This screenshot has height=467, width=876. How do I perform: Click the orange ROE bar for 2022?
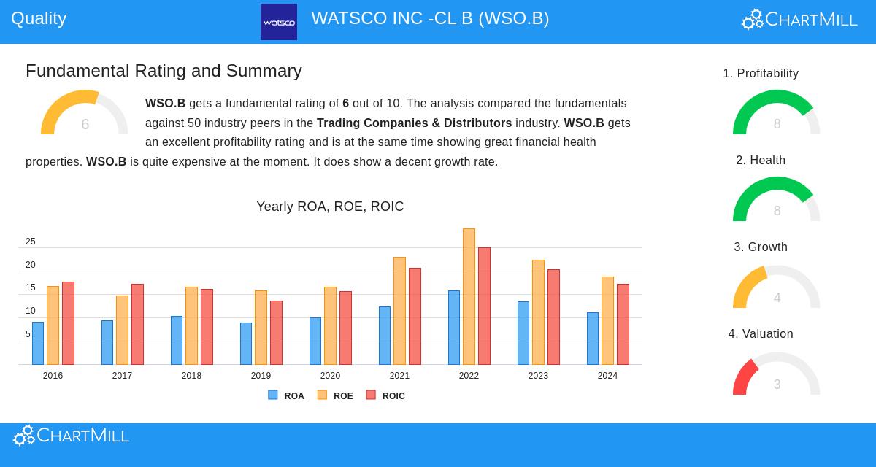(x=469, y=297)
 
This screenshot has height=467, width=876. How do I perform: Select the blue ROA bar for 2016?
(x=38, y=343)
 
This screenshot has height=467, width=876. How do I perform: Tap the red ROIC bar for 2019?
(x=276, y=333)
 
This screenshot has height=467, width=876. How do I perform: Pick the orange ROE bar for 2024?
(x=607, y=321)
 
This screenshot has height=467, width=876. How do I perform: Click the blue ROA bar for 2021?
(x=385, y=336)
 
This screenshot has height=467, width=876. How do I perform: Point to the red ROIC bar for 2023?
(x=553, y=317)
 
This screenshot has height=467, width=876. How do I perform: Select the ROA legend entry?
(x=286, y=395)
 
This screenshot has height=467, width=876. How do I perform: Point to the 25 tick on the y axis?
(x=31, y=242)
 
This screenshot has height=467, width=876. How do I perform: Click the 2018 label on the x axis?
(x=191, y=376)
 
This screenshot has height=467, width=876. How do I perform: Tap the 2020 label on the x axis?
(x=330, y=376)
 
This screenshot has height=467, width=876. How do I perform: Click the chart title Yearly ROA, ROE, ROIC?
(x=330, y=207)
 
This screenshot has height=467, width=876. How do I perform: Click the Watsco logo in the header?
(x=279, y=22)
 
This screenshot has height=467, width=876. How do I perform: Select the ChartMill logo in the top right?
(x=799, y=20)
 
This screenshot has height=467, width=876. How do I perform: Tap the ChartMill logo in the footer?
(x=71, y=436)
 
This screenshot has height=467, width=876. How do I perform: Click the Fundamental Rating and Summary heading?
(x=164, y=71)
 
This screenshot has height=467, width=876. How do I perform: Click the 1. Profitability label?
(x=761, y=74)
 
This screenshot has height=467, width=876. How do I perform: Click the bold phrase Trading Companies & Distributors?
(x=414, y=123)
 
